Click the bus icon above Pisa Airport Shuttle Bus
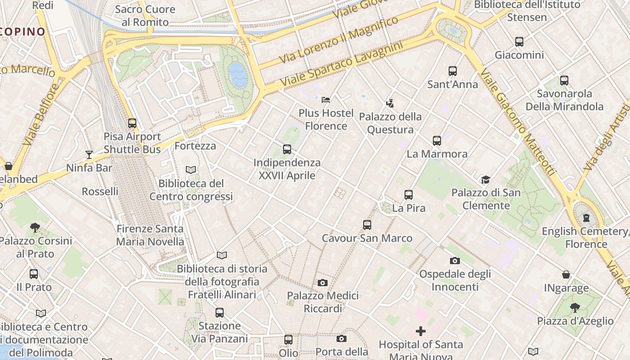(x=132, y=123)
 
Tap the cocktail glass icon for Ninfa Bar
(x=89, y=155)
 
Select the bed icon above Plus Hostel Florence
(x=326, y=99)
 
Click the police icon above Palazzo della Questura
(x=390, y=103)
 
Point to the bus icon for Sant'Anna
(x=452, y=71)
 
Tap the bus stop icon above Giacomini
(x=519, y=42)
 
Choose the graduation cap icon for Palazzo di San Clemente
(x=485, y=180)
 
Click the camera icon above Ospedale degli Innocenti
(x=454, y=261)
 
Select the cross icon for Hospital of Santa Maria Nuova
(x=420, y=331)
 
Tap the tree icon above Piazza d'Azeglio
(x=575, y=308)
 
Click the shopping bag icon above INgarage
(x=566, y=274)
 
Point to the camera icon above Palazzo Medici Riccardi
(x=322, y=283)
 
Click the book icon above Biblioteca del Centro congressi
(x=191, y=170)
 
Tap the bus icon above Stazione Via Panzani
(x=219, y=312)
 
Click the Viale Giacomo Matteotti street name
(x=517, y=122)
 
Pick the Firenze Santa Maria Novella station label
(x=150, y=235)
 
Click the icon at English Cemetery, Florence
(x=585, y=218)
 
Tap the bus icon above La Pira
(x=408, y=195)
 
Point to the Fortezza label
(x=195, y=146)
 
